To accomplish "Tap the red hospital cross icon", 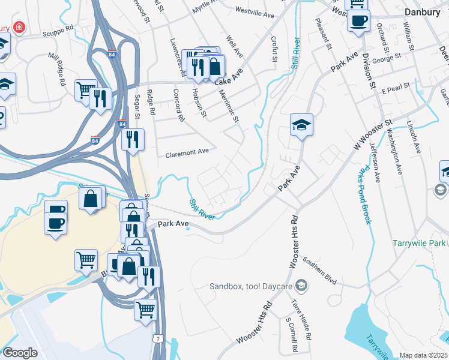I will (x=19, y=28).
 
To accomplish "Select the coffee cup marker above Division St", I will (x=358, y=22).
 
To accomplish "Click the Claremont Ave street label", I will (x=187, y=152).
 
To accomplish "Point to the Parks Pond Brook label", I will (x=364, y=195).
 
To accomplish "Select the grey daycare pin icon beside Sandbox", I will (x=302, y=285).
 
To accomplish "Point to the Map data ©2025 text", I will (x=423, y=355).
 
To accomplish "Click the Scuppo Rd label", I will (x=54, y=28).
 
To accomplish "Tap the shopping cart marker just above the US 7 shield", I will (x=145, y=310).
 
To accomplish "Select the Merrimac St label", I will (x=228, y=102).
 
